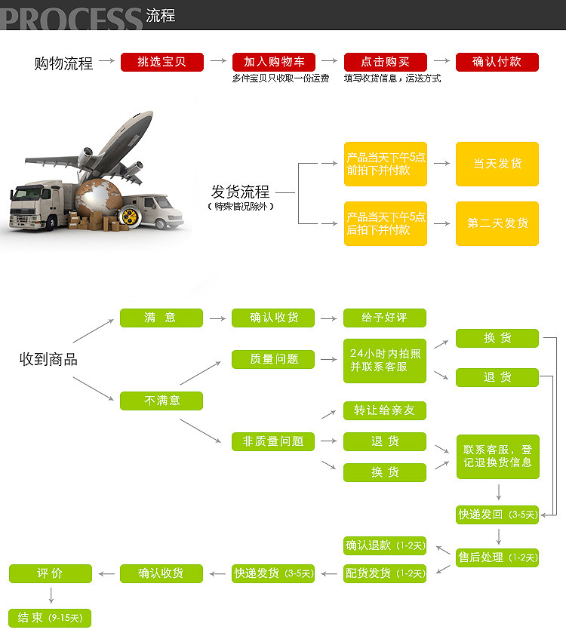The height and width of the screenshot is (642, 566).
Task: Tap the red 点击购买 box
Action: [385, 62]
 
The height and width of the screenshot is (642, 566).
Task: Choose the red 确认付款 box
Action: [497, 62]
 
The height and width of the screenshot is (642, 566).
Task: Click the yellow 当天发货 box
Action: [497, 164]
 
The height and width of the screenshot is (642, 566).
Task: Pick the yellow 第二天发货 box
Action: [497, 223]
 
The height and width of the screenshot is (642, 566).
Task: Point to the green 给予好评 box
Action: [384, 318]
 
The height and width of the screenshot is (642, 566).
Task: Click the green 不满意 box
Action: [161, 401]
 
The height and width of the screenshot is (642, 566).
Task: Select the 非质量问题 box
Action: [272, 441]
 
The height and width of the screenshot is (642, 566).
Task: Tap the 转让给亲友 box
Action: [384, 410]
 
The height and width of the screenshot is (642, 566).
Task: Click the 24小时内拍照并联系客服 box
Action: [384, 360]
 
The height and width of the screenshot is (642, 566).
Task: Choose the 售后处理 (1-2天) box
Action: [497, 558]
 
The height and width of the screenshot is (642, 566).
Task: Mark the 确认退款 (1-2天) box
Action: [385, 545]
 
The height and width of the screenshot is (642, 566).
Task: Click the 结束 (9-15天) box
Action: [50, 618]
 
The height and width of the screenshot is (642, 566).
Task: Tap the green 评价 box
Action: [50, 573]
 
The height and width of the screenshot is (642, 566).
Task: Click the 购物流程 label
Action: [63, 63]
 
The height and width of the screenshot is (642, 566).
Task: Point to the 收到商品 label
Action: [48, 360]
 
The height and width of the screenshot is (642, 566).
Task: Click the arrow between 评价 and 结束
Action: [51, 595]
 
